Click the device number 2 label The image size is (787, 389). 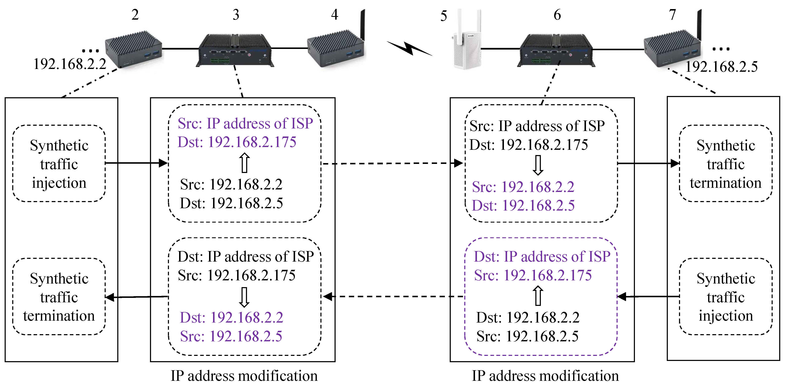pos(135,15)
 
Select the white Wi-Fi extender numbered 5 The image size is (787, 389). pos(467,40)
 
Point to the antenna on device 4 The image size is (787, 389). pos(363,24)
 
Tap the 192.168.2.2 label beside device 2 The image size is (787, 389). pos(70,64)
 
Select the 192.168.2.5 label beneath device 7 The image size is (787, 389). pos(721,67)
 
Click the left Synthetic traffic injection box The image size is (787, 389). pos(59,164)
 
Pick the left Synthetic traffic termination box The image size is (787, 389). pos(59,297)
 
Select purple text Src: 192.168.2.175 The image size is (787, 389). pos(533,275)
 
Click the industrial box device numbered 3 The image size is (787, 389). pos(235,50)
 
